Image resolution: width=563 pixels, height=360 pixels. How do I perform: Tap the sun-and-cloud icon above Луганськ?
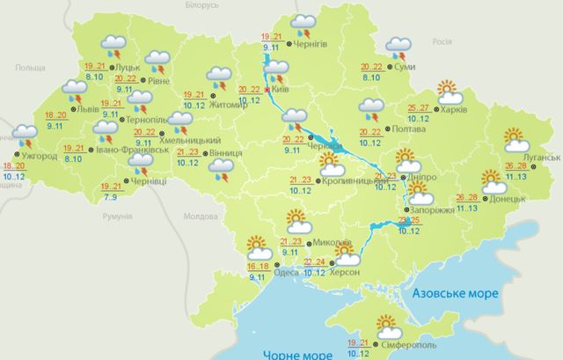pos(514,139)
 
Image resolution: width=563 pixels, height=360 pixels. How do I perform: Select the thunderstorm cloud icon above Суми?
pos(398,45)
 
